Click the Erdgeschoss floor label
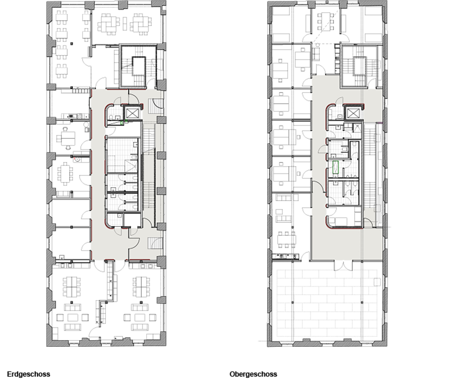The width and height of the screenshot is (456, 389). pyautogui.click(x=29, y=374)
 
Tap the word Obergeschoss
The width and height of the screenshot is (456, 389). pyautogui.click(x=253, y=374)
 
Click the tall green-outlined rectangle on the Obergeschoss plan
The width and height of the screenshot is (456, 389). pyautogui.click(x=335, y=167)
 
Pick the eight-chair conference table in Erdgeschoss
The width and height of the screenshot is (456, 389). pyautogui.click(x=65, y=174)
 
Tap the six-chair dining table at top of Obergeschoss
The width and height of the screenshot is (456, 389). pyautogui.click(x=325, y=21)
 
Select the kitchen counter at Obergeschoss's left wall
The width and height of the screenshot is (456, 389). pyautogui.click(x=285, y=256)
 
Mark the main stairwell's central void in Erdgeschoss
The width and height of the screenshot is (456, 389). pyautogui.click(x=139, y=66)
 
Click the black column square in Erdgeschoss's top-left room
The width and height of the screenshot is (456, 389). pyautogui.click(x=72, y=44)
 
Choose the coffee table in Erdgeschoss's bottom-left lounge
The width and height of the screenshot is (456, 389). pyautogui.click(x=73, y=317)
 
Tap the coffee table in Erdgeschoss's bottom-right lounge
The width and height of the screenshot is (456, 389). pyautogui.click(x=140, y=317)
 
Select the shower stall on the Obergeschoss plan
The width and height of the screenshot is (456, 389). pyautogui.click(x=357, y=128)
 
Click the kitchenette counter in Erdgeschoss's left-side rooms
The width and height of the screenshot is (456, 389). pyautogui.click(x=75, y=116)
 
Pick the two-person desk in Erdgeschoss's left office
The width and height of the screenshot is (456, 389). pyautogui.click(x=68, y=138)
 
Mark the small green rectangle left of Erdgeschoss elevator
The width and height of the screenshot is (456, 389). pyautogui.click(x=122, y=123)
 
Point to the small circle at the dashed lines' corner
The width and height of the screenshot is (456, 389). pyautogui.click(x=317, y=45)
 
